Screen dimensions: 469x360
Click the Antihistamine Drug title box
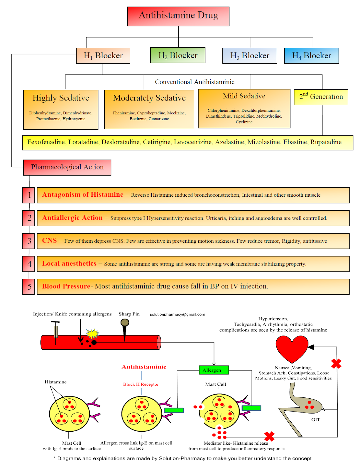[178, 16]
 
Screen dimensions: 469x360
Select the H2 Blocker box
[178, 55]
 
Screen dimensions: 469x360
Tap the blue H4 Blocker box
[311, 56]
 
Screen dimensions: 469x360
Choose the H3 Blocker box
[249, 56]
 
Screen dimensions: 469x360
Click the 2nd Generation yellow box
[321, 97]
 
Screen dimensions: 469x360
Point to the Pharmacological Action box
[67, 167]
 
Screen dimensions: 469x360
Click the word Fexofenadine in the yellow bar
[46, 142]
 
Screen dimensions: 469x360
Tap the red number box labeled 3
[29, 241]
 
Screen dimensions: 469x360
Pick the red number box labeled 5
[29, 287]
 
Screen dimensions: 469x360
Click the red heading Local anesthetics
[69, 264]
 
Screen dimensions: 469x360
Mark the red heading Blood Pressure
[66, 286]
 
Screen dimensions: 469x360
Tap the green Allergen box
[214, 370]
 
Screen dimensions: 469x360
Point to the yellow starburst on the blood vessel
[93, 334]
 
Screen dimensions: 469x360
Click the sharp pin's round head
[125, 322]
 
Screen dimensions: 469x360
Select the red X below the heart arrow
[336, 364]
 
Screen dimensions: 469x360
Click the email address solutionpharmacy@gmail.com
[177, 315]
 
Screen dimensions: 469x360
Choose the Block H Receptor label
[141, 384]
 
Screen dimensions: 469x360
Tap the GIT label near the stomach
[315, 420]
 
